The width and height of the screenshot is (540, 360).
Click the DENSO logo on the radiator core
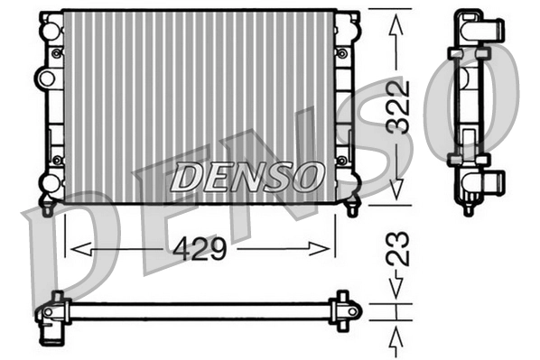click(247, 176)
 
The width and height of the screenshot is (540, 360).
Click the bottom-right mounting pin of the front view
click(353, 208)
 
